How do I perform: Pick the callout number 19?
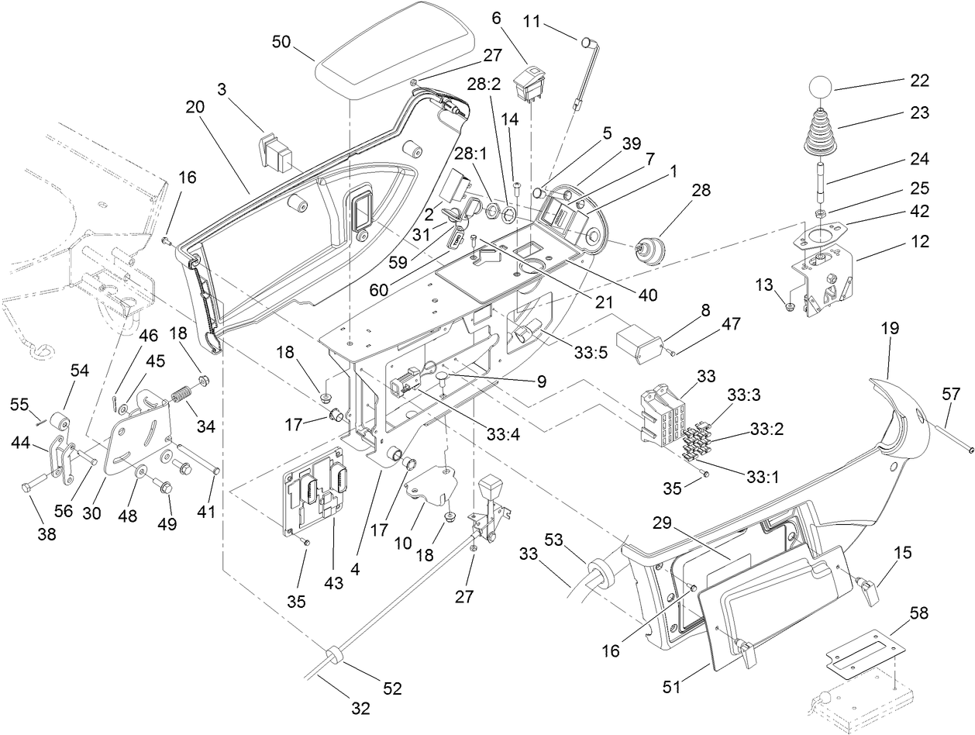click(889, 328)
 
